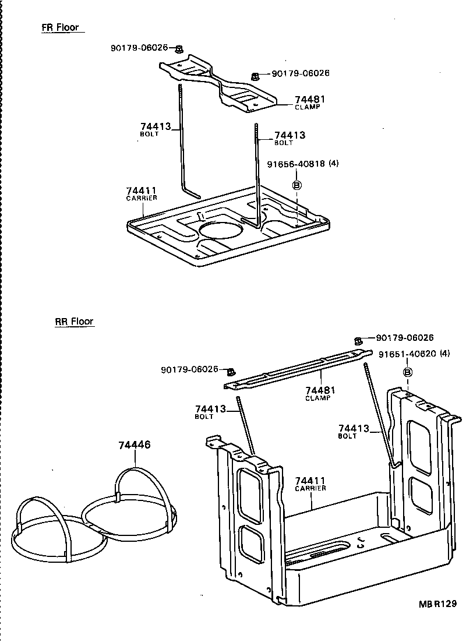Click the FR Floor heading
point(60,27)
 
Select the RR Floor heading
point(74,322)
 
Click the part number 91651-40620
point(407,354)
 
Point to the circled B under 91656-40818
point(297,185)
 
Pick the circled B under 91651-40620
point(408,372)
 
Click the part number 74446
point(135,445)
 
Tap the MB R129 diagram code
point(437,604)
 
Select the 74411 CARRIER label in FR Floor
point(142,193)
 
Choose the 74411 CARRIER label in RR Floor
point(310,484)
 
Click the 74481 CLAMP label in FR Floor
point(309,103)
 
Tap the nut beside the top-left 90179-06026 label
point(179,49)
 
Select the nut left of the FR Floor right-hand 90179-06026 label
point(255,76)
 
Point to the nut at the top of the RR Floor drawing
point(358,340)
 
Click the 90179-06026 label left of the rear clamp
point(189,369)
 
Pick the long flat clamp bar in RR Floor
point(298,369)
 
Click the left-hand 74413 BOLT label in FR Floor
point(154,129)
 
